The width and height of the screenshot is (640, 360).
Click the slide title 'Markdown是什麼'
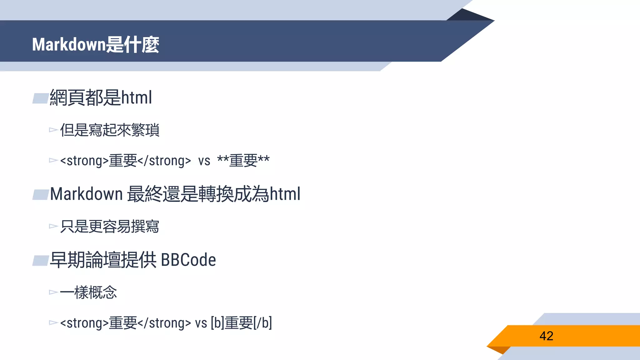pyautogui.click(x=96, y=44)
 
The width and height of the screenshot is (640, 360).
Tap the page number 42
pyautogui.click(x=546, y=336)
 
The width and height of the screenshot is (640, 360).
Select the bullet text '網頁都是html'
pyautogui.click(x=101, y=97)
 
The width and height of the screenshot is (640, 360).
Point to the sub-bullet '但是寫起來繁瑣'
pyautogui.click(x=110, y=130)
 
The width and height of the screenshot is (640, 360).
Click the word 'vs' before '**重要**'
pyautogui.click(x=204, y=161)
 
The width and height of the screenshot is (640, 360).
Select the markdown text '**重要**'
pyautogui.click(x=243, y=161)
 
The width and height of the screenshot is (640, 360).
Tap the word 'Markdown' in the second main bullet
pyautogui.click(x=86, y=194)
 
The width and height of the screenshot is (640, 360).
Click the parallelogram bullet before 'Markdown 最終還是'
pyautogui.click(x=41, y=195)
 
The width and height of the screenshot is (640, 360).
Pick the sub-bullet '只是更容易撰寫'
pyautogui.click(x=110, y=227)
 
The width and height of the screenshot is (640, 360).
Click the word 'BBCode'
pyautogui.click(x=188, y=260)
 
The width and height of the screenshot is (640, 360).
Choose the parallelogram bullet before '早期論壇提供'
pyautogui.click(x=41, y=261)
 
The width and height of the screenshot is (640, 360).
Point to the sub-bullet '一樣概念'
pyautogui.click(x=88, y=292)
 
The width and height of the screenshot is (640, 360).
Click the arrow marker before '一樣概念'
pyautogui.click(x=53, y=292)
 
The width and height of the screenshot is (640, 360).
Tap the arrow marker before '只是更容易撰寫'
pyautogui.click(x=53, y=226)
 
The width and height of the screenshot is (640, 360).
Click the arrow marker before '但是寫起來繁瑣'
pyautogui.click(x=53, y=130)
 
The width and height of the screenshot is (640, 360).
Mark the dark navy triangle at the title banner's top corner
pyautogui.click(x=469, y=16)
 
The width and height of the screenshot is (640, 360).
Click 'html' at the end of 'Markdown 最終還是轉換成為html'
pyautogui.click(x=285, y=194)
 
